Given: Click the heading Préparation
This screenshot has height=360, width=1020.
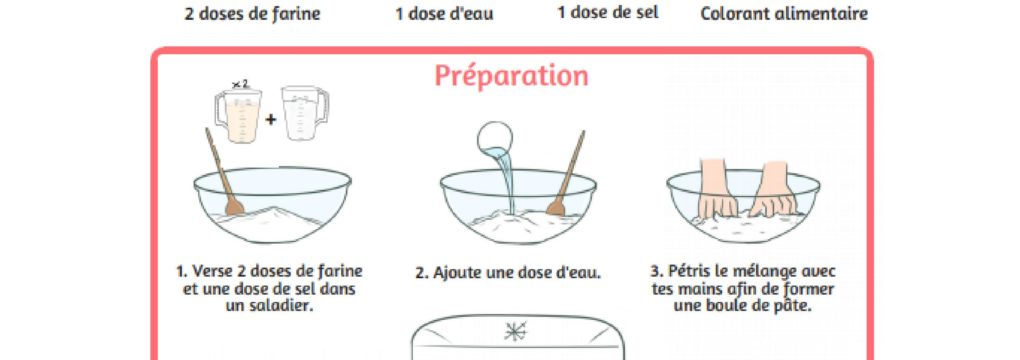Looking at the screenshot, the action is (511, 77).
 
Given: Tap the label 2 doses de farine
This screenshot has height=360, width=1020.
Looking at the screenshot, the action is (252, 14).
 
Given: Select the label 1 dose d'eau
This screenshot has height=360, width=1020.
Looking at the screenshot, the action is (444, 14).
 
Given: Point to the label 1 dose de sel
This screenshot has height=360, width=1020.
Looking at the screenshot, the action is (608, 13).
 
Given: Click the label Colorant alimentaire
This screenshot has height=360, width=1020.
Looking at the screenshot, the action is (784, 14).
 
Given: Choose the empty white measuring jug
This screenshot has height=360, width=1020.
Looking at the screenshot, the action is (304, 114).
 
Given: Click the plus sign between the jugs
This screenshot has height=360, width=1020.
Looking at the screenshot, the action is (271, 119).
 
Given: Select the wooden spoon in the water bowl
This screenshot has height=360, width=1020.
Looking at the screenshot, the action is (566, 173).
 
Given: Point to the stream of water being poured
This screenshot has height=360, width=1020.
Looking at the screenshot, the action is (505, 182).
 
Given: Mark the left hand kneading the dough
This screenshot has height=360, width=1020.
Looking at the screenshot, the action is (717, 188).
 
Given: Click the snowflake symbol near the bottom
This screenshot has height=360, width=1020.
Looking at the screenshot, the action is (515, 332).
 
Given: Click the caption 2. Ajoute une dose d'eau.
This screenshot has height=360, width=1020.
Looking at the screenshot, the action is (508, 273).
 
